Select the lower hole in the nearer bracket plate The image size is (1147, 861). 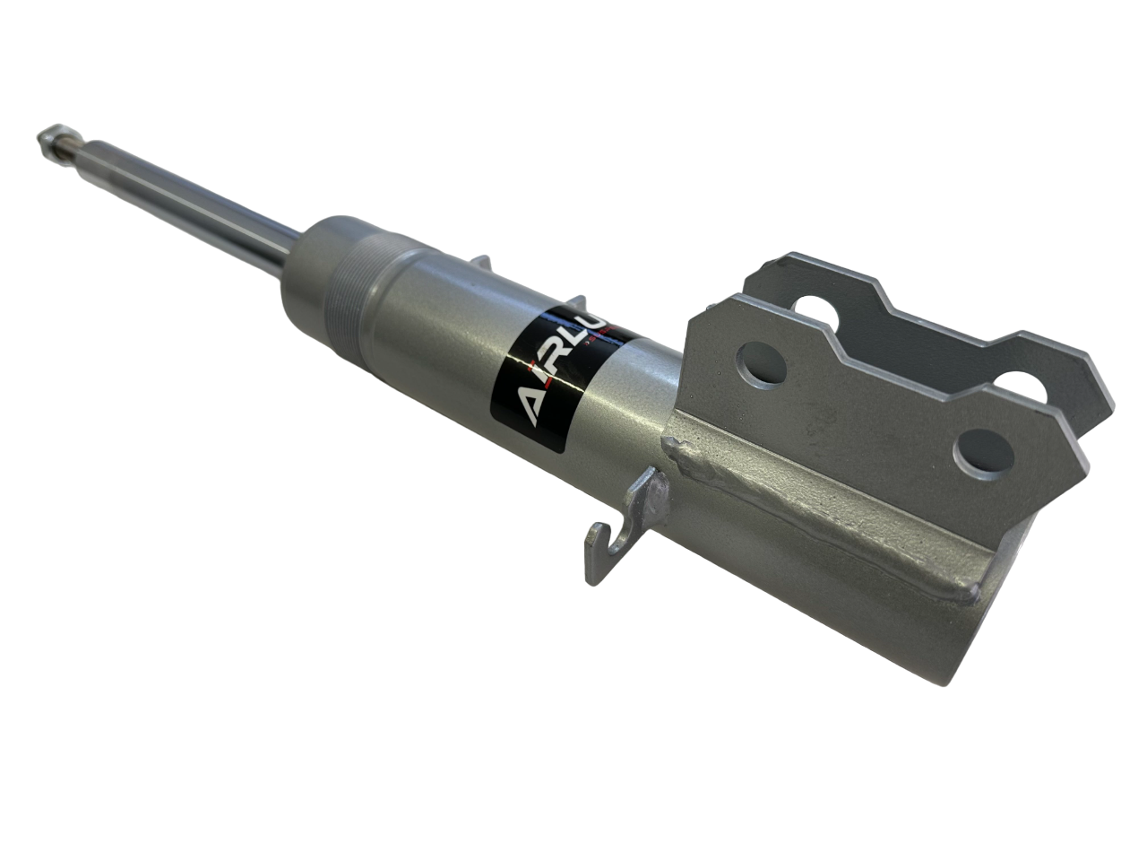pyautogui.click(x=982, y=451)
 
